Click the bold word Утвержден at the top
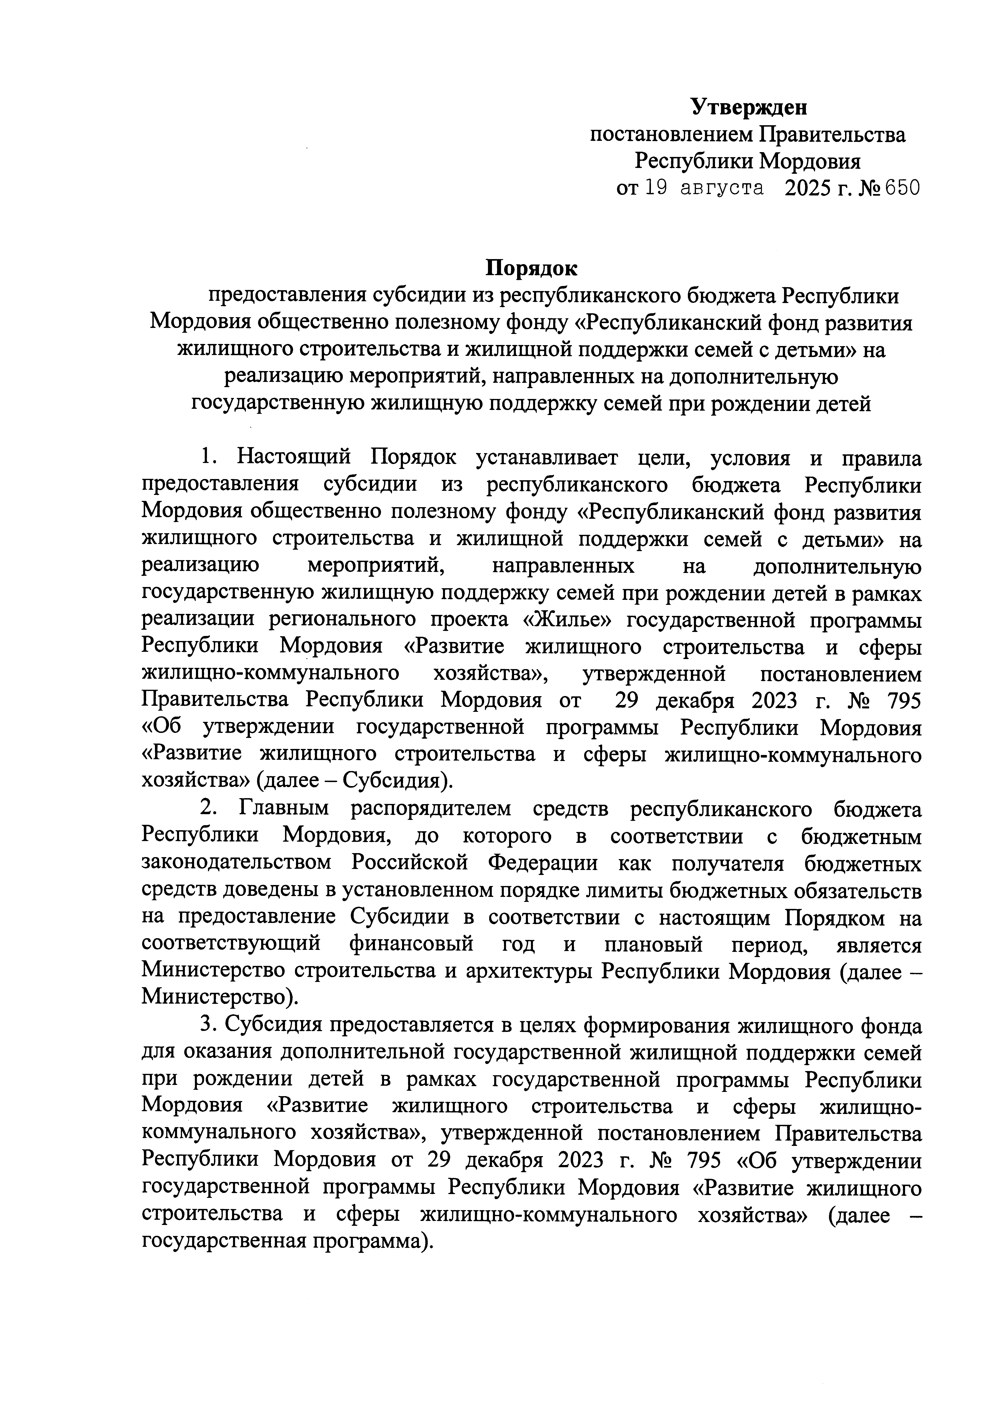pyautogui.click(x=748, y=107)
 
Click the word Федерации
pyautogui.click(x=542, y=863)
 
